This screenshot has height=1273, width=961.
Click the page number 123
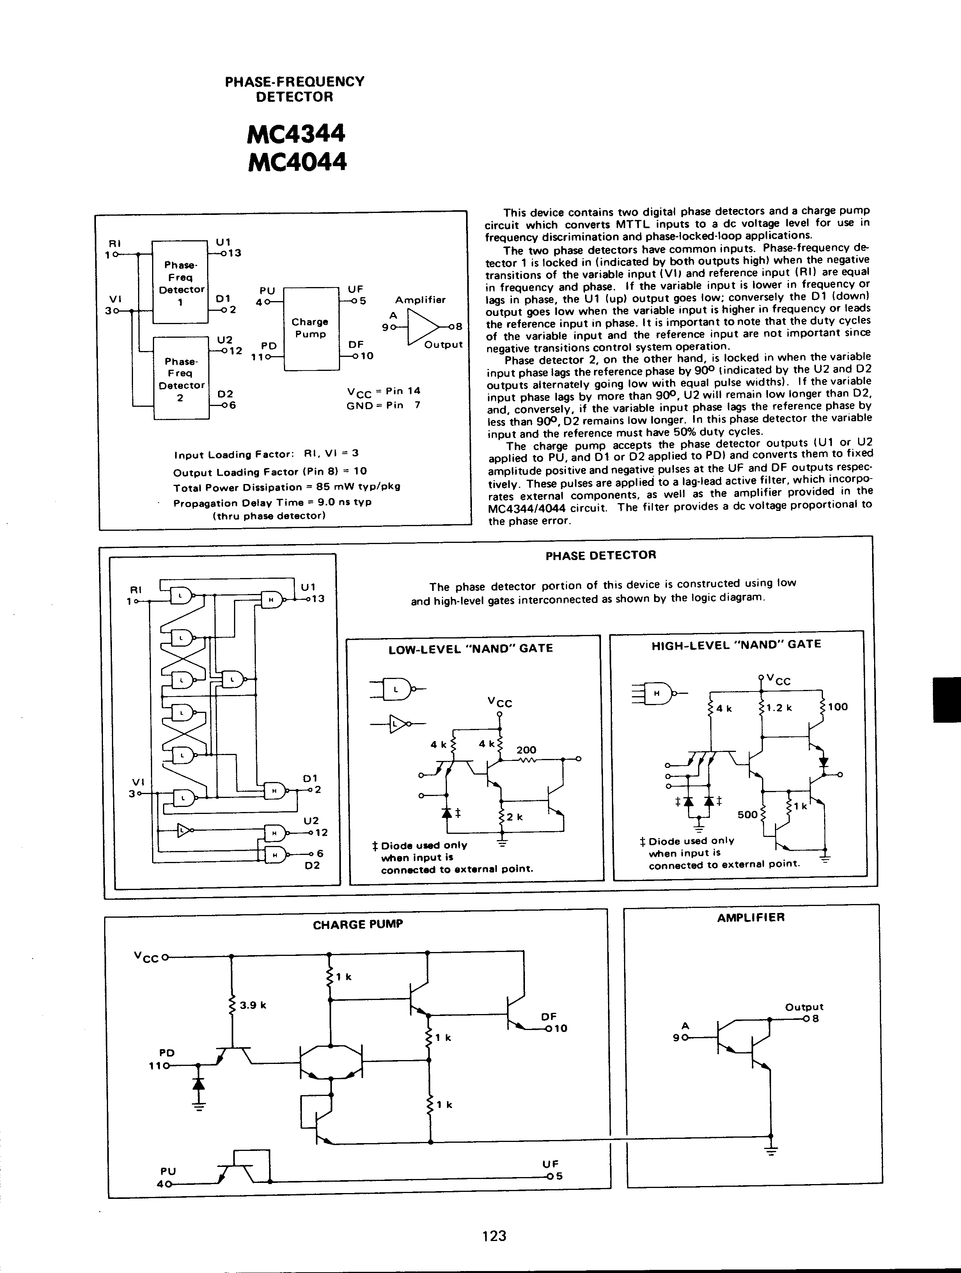[494, 1236]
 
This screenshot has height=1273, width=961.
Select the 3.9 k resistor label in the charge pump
[253, 1005]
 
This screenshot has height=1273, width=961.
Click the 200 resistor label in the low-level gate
[526, 750]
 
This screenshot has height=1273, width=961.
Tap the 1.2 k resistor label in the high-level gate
[780, 707]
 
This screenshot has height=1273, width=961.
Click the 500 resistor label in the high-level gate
[748, 815]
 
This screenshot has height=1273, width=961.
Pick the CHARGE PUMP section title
[357, 924]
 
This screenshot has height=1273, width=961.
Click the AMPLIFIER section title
[750, 917]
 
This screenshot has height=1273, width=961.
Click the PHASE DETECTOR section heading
[600, 555]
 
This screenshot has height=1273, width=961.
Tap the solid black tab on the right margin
[947, 700]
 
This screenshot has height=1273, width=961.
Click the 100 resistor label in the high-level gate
[837, 707]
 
